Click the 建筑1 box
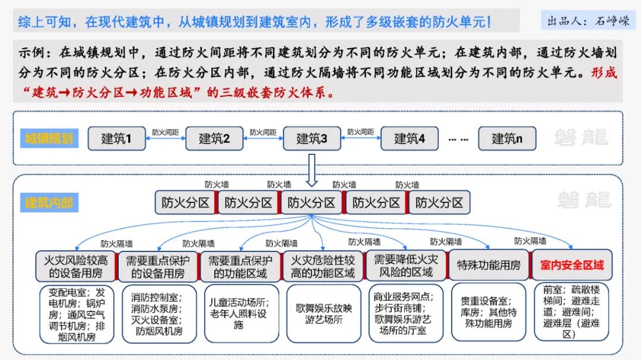point(116,139)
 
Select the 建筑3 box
point(312,139)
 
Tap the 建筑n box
point(507,139)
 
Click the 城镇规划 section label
point(49,139)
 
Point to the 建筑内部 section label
point(49,202)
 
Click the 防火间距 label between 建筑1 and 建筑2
point(165,132)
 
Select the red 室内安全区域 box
point(572,265)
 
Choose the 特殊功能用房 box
point(488,265)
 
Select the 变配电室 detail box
point(75,314)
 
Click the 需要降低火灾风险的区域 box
point(406,265)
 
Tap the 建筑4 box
point(410,139)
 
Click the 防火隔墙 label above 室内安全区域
point(530,241)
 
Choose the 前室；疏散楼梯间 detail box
point(572,312)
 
